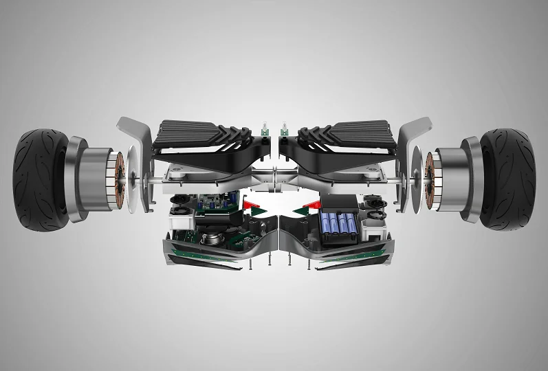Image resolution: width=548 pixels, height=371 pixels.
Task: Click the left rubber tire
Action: [38, 177]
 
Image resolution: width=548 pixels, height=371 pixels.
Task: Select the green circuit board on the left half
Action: [213, 206]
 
